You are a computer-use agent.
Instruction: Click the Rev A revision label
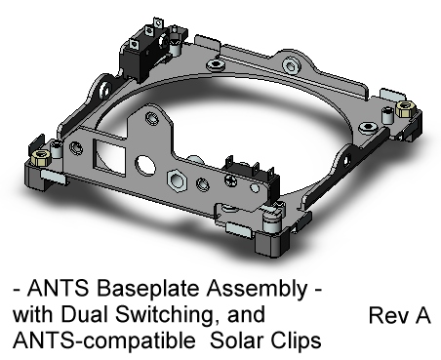click(399, 316)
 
